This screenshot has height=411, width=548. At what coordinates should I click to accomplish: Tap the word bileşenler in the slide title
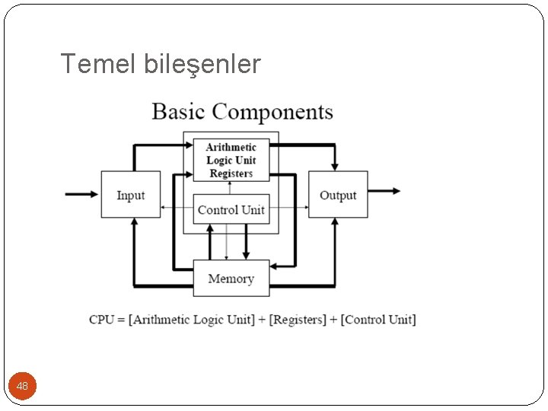(202, 65)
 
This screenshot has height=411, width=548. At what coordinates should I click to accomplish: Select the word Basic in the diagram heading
(179, 112)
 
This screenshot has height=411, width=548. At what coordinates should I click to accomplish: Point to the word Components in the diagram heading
(272, 113)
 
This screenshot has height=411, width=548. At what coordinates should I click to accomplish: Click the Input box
(130, 195)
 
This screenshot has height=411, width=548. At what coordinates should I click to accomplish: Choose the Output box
(338, 195)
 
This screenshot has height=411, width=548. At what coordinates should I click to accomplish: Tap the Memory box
(231, 279)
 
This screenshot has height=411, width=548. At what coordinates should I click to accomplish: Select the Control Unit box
(231, 210)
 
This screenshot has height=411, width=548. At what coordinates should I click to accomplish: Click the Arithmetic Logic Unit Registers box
(231, 160)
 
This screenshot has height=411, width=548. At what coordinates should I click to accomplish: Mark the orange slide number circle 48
(22, 387)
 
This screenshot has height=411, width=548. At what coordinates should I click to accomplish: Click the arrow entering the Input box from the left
(82, 194)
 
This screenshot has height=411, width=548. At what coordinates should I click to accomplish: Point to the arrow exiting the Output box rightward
(384, 191)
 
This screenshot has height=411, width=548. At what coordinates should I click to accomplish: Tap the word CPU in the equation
(101, 320)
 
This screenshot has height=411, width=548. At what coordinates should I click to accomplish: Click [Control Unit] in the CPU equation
(378, 320)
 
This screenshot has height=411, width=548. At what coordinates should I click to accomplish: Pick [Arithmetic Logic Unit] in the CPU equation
(192, 320)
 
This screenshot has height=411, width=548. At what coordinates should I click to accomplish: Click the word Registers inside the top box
(231, 174)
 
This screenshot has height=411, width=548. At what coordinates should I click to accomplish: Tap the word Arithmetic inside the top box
(231, 147)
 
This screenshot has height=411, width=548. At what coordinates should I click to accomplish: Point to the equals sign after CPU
(121, 320)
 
